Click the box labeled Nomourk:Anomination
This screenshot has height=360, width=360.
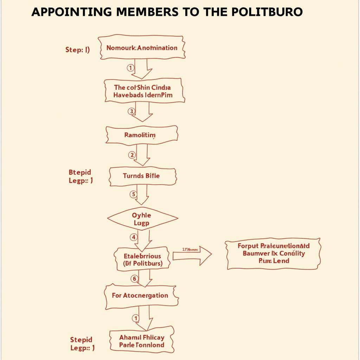[x=141, y=47]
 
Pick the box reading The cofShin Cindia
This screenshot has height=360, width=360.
[x=144, y=91]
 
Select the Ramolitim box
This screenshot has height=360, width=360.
[x=141, y=135]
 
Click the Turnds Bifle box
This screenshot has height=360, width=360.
[x=142, y=176]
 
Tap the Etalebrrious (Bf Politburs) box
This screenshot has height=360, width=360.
[x=142, y=259]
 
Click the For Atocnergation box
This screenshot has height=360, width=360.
[x=141, y=296]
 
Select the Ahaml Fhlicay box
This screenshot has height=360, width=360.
[x=142, y=341]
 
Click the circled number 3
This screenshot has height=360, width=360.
[x=131, y=111]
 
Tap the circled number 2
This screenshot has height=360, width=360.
[x=132, y=155]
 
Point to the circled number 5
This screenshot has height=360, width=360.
[x=133, y=194]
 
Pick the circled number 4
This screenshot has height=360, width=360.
[x=134, y=237]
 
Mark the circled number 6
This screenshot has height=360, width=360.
[x=134, y=279]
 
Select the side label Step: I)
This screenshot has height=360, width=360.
[x=77, y=50]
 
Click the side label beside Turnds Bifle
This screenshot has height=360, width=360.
[x=81, y=176]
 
